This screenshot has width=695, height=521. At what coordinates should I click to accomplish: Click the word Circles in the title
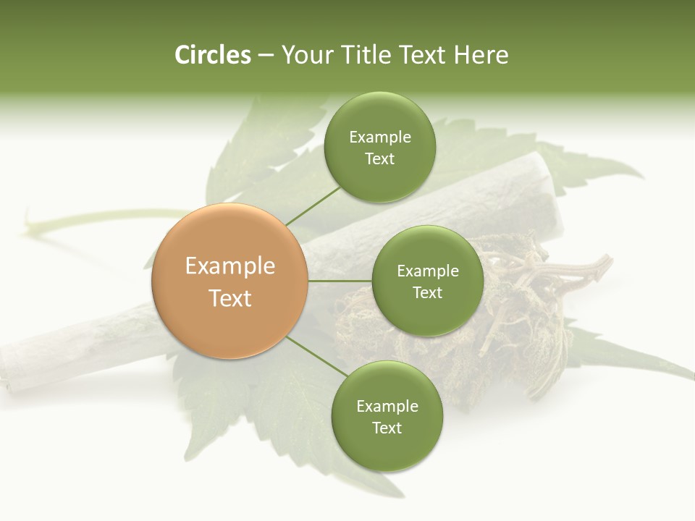[212, 55]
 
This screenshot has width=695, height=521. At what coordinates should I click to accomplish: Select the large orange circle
[230, 281]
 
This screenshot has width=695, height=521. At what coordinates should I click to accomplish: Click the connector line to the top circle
[312, 207]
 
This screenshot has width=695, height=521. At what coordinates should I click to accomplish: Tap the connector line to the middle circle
[340, 281]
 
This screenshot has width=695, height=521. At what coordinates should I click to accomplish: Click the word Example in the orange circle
[230, 266]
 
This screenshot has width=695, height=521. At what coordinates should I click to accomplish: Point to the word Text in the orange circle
[230, 298]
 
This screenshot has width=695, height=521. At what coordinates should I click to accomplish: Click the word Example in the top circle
[380, 137]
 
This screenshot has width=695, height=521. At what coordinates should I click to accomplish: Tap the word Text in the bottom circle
[387, 428]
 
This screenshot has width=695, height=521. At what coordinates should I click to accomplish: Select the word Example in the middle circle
[428, 271]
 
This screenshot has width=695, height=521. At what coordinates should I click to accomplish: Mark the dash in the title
[266, 55]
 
